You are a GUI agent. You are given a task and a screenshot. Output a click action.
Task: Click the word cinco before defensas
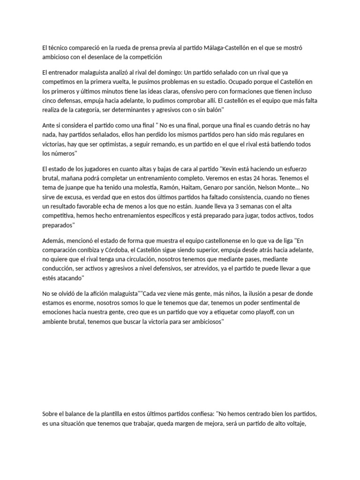[x=50, y=100]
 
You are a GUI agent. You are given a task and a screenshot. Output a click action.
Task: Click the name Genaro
[x=211, y=187]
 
